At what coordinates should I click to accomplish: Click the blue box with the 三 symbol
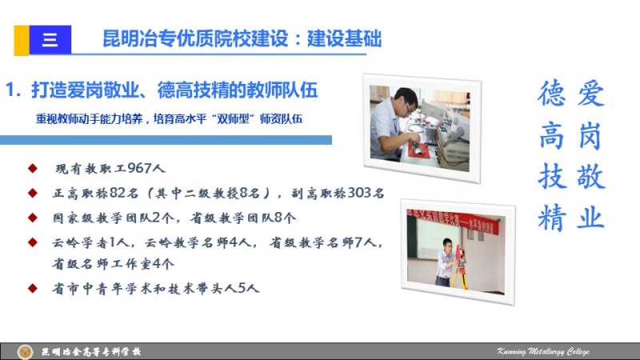point(50,39)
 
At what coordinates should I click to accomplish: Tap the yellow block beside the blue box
point(22,40)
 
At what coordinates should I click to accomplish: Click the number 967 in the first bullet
point(139,168)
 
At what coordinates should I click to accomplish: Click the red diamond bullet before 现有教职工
point(33,168)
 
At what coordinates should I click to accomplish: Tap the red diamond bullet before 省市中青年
point(33,288)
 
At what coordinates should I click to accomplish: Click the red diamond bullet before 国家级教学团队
point(33,218)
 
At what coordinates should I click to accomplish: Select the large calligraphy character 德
point(551,94)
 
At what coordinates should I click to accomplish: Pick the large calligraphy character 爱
point(590,94)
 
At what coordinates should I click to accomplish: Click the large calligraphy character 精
point(551,217)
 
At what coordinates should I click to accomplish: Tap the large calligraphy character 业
point(590,217)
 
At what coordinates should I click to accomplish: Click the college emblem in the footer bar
point(25,352)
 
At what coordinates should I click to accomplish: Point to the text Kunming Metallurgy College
point(543,351)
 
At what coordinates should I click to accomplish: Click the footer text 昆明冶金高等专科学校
point(91,352)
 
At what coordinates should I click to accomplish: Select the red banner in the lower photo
point(453,221)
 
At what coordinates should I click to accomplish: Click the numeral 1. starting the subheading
point(13,90)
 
